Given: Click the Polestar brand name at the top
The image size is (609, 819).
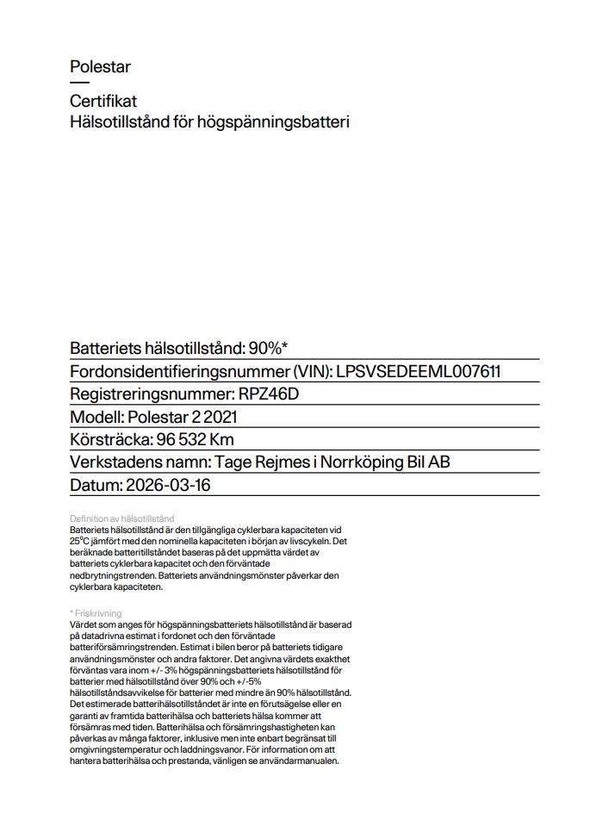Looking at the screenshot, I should point(100,66).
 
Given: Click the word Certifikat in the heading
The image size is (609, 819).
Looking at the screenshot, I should point(103,102).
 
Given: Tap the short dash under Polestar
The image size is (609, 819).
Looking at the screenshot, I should point(79,83).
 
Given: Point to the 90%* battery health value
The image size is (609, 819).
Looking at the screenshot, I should point(268,348).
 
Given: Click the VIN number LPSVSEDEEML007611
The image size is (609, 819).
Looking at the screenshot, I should point(419,371).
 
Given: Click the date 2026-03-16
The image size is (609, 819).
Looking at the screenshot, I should point(168,485).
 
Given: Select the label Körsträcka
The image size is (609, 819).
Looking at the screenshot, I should point(108,439).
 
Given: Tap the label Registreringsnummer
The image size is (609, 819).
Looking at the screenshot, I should point(150,394).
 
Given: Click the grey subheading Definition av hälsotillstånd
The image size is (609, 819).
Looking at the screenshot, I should point(121,518).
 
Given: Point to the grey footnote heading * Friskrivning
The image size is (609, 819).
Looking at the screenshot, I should point(96,613).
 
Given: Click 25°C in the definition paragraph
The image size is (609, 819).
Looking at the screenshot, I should point(82,541).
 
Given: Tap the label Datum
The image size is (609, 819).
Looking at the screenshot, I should point(95,485).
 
